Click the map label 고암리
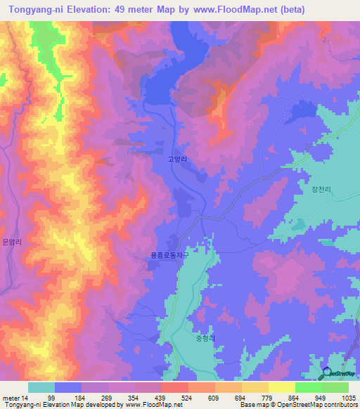tap(177, 160)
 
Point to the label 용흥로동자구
tap(170, 256)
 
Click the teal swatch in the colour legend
tap(41, 387)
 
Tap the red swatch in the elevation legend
tap(174, 387)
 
